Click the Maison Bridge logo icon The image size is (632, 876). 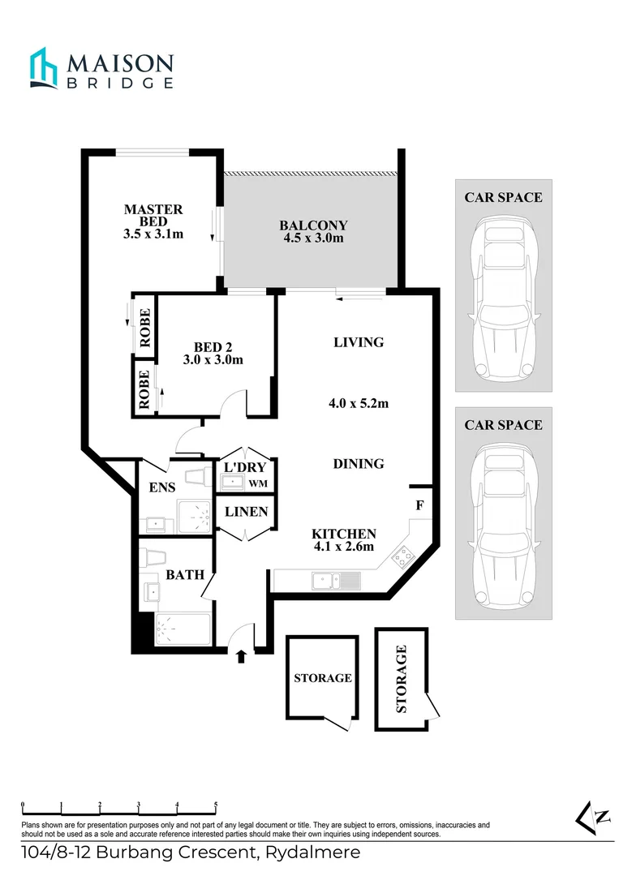point(44,67)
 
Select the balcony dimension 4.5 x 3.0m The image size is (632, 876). point(313,238)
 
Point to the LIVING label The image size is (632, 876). point(359,342)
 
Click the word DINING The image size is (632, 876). point(359,464)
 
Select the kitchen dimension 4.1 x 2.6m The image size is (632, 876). point(344,547)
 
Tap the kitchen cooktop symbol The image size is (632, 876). point(403,557)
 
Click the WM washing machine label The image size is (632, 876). point(258,484)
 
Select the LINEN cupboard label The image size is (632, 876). point(246,513)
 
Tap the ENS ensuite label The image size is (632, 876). point(162,488)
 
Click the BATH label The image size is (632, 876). point(180,574)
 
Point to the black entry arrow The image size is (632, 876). point(241,655)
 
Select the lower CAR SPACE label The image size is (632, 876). point(503,425)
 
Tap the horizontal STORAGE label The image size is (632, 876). point(323,677)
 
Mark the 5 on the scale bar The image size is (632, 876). point(216,805)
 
